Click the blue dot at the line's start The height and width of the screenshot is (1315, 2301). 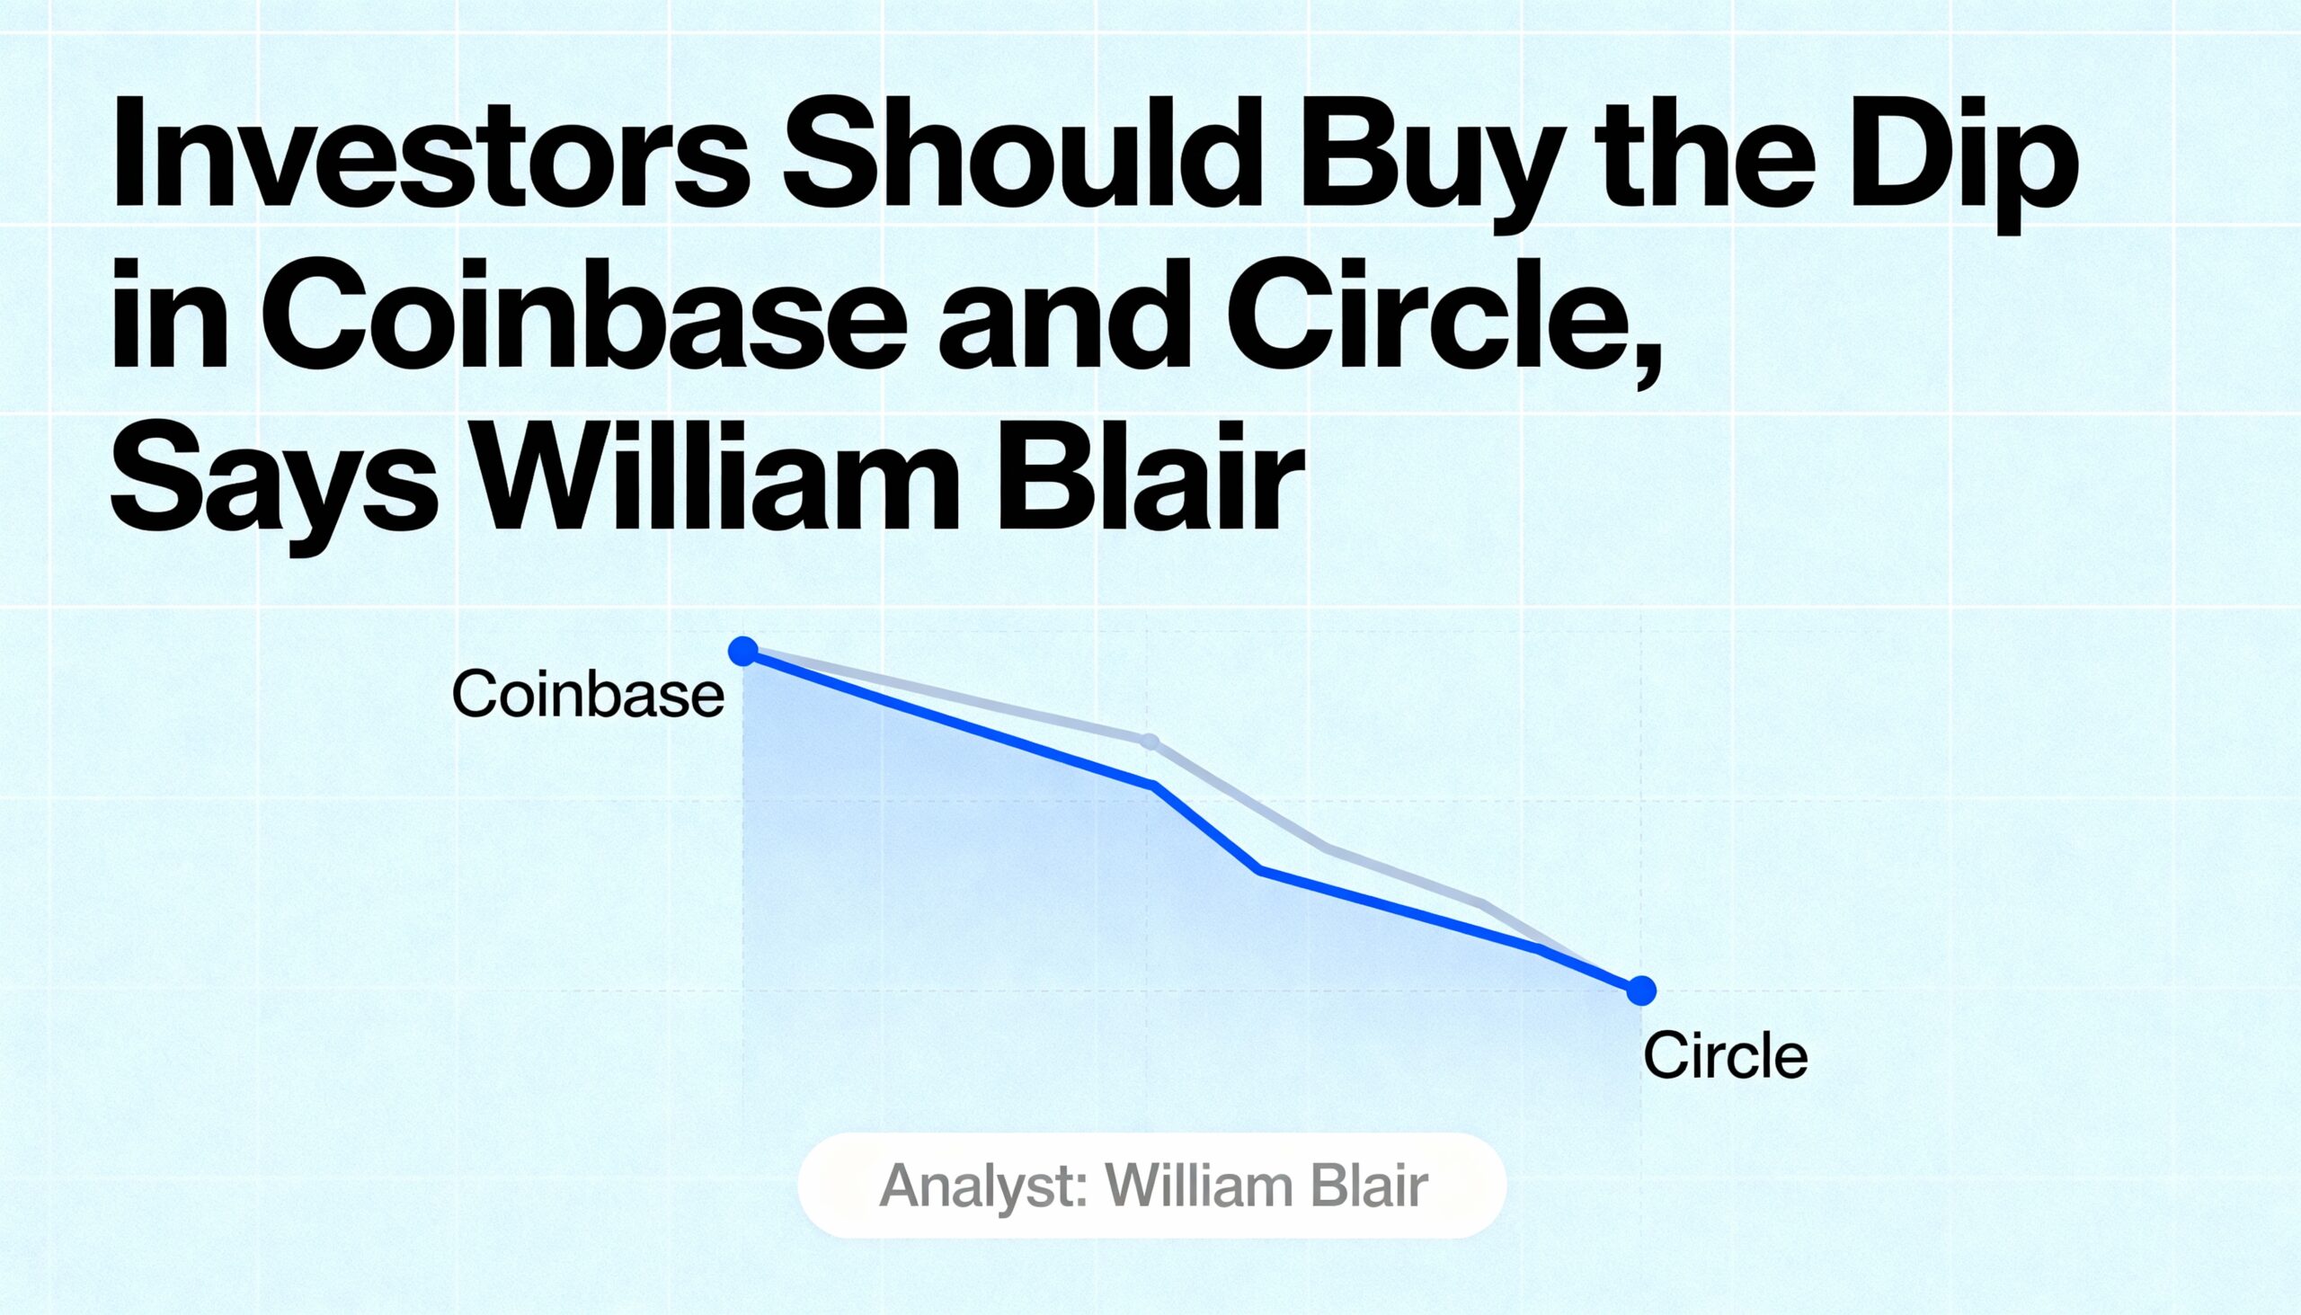click(743, 650)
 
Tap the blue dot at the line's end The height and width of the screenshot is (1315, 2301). click(1641, 991)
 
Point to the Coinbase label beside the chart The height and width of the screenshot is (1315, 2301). click(588, 695)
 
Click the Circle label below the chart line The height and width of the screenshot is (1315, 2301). click(1725, 1055)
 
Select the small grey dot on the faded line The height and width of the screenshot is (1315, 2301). click(1149, 742)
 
